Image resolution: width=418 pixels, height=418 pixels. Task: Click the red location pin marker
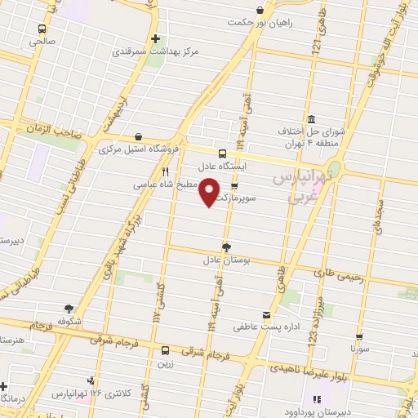[x=210, y=191]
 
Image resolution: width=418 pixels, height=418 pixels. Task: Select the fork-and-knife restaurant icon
[x=166, y=172]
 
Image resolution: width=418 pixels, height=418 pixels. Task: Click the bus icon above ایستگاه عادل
[x=223, y=153]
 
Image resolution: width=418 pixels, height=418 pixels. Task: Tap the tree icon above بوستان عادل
[x=226, y=247]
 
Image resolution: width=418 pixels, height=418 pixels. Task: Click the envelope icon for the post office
[x=265, y=315]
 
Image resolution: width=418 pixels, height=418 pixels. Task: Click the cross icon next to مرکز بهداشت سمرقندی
[x=155, y=38]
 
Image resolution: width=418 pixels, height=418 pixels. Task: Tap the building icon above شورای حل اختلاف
[x=311, y=118]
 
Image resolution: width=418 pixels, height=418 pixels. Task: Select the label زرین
[x=165, y=362]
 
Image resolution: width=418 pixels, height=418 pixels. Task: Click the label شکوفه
[x=69, y=321]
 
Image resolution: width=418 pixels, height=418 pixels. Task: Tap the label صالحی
[x=42, y=39]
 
